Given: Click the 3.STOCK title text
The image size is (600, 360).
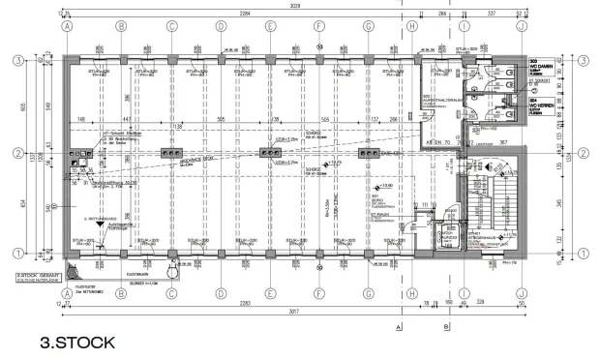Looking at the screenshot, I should (x=77, y=343).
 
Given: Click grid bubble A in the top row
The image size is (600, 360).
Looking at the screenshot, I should (x=68, y=26).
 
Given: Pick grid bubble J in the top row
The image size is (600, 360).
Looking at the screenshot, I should (x=521, y=26).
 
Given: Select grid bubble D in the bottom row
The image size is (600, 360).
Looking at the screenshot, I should (x=221, y=293).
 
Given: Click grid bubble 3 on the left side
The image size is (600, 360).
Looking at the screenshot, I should (x=17, y=60).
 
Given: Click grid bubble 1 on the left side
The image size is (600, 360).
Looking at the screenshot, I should (x=17, y=254).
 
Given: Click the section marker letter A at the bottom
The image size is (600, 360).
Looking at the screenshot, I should (x=399, y=327).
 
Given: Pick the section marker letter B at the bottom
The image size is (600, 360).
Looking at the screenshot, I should (x=446, y=327).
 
